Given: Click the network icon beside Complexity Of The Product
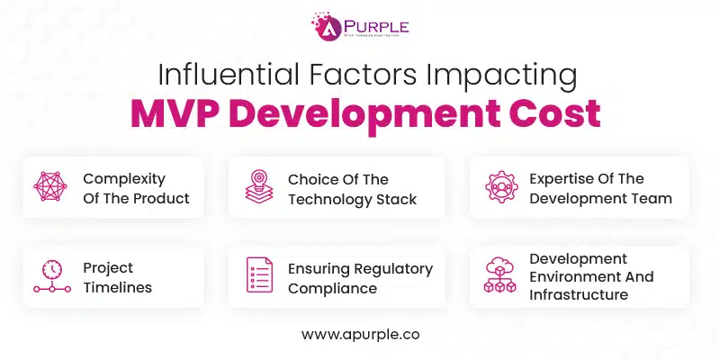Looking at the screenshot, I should pos(51,187).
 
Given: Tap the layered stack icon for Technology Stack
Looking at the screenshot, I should pos(259,187).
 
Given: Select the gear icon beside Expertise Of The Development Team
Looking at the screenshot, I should pos(501,187).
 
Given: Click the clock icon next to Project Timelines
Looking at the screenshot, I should pos(51,276).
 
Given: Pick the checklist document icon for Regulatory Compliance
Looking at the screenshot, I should pos(259,276).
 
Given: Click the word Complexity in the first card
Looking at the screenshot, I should pos(124,179).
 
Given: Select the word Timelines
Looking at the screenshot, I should pos(117,288).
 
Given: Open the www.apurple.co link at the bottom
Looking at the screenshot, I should pos(360,333).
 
